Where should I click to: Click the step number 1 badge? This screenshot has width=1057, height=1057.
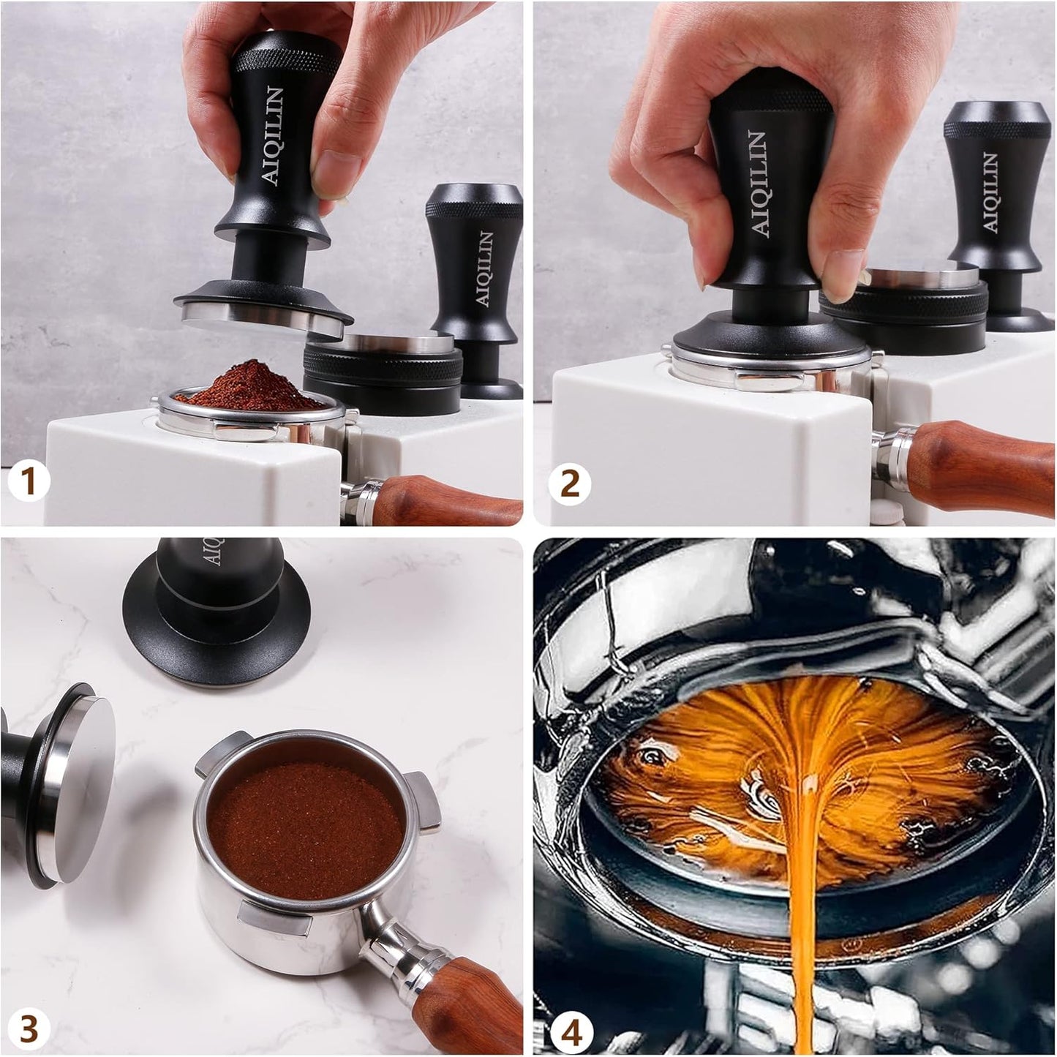click(x=27, y=482)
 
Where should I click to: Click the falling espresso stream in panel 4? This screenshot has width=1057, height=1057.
click(x=802, y=914)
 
